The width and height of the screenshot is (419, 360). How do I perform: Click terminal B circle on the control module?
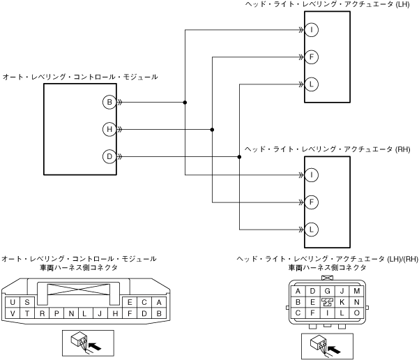coord(109,102)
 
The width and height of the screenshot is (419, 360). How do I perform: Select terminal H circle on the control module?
coord(109,130)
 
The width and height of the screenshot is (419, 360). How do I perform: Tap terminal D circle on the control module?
coord(109,156)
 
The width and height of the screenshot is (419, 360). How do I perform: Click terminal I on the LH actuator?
coord(312,30)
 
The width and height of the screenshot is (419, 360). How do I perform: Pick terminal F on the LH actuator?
coord(312,57)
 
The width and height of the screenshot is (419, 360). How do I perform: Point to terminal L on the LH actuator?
coord(312,84)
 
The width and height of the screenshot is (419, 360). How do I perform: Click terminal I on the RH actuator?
coord(312,175)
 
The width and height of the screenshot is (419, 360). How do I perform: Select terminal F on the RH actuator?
coord(312,202)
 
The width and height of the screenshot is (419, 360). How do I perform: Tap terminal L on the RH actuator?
coord(312,230)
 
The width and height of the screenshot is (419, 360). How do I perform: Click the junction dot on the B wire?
coord(185,102)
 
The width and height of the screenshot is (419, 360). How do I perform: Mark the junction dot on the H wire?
coord(212,130)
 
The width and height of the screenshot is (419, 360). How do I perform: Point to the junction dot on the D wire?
coord(239,157)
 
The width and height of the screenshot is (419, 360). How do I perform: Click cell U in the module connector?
coord(13,302)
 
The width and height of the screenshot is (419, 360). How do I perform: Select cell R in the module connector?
coord(42,313)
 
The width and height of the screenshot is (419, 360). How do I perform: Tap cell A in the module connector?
coord(159,302)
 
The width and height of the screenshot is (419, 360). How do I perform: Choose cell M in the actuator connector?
coord(356,291)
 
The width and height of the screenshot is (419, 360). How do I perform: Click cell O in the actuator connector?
coord(356,313)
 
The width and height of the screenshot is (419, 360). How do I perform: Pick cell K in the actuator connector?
coord(342,302)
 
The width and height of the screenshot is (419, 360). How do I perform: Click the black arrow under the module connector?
coord(95,346)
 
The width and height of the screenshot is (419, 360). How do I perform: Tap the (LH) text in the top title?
coord(402,4)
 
